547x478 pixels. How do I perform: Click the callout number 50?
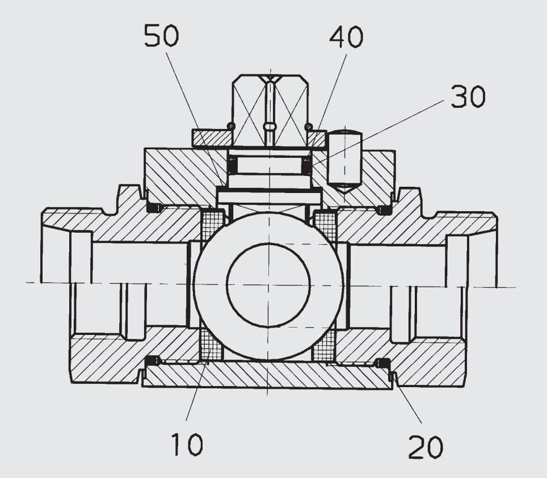[162, 36]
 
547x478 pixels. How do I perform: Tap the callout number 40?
[346, 37]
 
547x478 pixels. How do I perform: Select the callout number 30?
[468, 96]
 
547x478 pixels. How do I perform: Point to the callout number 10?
[187, 444]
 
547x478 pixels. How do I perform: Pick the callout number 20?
[426, 446]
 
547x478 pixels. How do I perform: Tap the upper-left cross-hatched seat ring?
[212, 225]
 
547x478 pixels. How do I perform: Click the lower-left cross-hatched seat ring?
[212, 345]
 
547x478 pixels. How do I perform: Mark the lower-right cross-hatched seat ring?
[324, 345]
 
